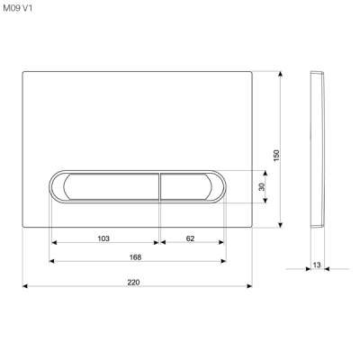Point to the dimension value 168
136,256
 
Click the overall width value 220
133,282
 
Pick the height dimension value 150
277,155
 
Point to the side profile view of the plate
316,148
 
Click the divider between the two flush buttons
160,186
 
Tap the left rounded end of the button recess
55,186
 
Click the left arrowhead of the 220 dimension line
24,287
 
